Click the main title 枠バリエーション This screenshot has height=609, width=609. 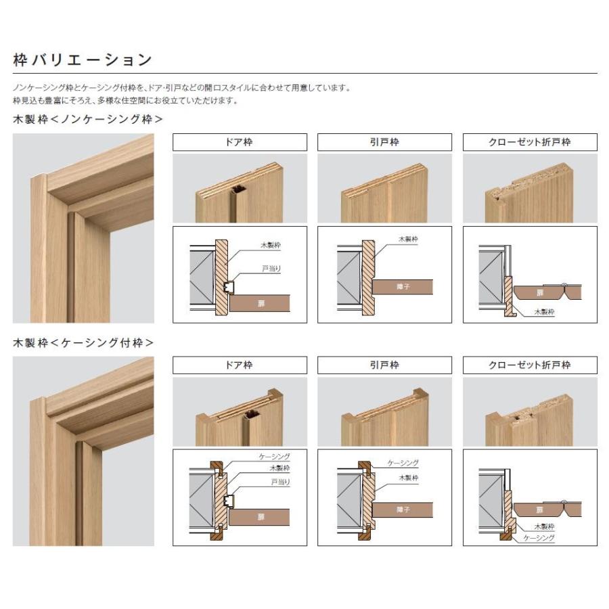[83, 60]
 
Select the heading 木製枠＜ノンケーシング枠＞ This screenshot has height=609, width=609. [88, 119]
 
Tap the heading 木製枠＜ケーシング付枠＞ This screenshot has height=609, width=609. [83, 343]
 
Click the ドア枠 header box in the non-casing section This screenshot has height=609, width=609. [240, 142]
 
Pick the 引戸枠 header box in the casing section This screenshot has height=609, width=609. [384, 365]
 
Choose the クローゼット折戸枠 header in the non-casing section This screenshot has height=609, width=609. [530, 142]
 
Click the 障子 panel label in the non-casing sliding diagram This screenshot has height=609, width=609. [403, 286]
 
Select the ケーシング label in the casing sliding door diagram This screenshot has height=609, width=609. [403, 463]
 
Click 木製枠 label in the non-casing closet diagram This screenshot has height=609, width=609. [543, 312]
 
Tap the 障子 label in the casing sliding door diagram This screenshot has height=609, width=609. [403, 510]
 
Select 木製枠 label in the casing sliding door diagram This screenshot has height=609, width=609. [407, 477]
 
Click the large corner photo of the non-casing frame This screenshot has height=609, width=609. [83, 228]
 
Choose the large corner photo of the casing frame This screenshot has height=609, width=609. [83, 451]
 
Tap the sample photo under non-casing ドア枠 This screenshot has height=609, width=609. [240, 188]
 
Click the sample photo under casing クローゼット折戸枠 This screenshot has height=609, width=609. [530, 411]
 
